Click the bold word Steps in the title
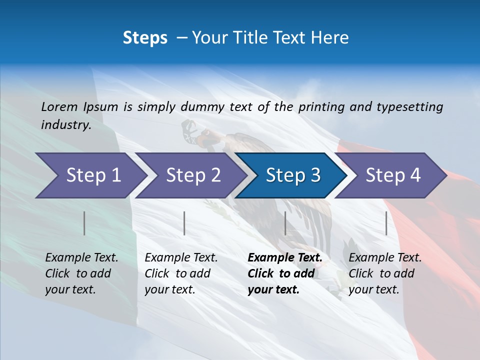[x=145, y=37]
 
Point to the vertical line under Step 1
[x=84, y=223]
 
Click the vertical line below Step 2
[x=184, y=223]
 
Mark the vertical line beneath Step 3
[x=285, y=223]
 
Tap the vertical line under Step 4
[x=386, y=223]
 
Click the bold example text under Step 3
[x=285, y=273]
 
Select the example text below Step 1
[x=81, y=273]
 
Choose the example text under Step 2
[x=181, y=273]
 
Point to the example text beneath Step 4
[x=385, y=273]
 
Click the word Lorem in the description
[x=59, y=106]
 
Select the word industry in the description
[x=65, y=124]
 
